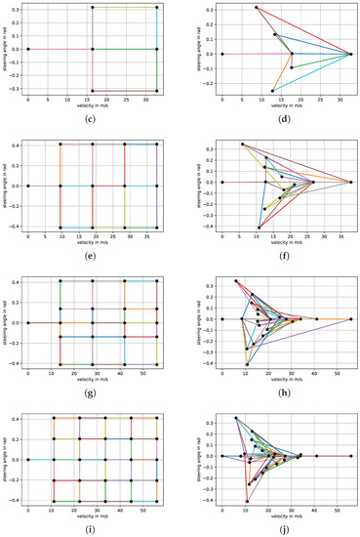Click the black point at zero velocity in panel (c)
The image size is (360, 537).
(x=28, y=49)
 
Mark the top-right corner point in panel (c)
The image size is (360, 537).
(x=156, y=7)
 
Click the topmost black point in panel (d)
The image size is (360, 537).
(x=257, y=8)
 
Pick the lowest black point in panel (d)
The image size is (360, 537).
(x=272, y=91)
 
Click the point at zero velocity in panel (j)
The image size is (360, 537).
(x=222, y=455)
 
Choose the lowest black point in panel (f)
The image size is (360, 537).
(x=259, y=227)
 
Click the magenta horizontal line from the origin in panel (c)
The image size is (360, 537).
(x=60, y=49)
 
